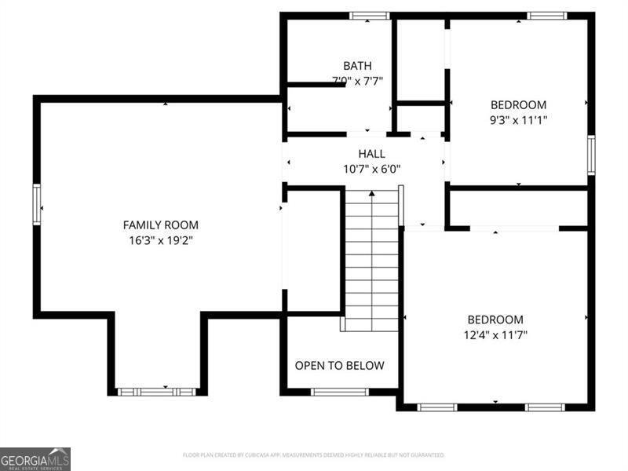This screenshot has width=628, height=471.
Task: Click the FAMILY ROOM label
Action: pyautogui.click(x=160, y=225)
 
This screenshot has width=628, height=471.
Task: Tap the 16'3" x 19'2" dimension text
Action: pyautogui.click(x=160, y=240)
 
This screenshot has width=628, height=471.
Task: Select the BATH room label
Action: pyautogui.click(x=357, y=66)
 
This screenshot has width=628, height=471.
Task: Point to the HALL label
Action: pyautogui.click(x=371, y=154)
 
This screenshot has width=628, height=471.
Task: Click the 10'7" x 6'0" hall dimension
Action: pyautogui.click(x=371, y=169)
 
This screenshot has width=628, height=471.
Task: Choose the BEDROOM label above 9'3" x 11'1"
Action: pyautogui.click(x=518, y=104)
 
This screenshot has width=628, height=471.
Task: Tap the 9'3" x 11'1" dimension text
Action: pyautogui.click(x=518, y=120)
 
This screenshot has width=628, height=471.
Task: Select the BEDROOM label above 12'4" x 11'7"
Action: pyautogui.click(x=495, y=319)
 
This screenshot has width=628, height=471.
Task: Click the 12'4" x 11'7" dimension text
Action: pyautogui.click(x=495, y=335)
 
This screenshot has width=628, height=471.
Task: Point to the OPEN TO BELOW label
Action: pyautogui.click(x=340, y=366)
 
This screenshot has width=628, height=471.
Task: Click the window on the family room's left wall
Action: pyautogui.click(x=36, y=204)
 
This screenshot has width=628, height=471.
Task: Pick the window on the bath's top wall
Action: pyautogui.click(x=369, y=16)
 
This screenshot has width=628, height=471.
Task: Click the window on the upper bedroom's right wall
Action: pyautogui.click(x=590, y=155)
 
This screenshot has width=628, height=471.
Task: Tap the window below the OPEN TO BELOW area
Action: pyautogui.click(x=339, y=392)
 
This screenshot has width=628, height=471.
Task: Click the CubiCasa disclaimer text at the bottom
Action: pyautogui.click(x=314, y=455)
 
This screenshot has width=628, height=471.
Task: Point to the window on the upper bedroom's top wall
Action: pyautogui.click(x=546, y=16)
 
